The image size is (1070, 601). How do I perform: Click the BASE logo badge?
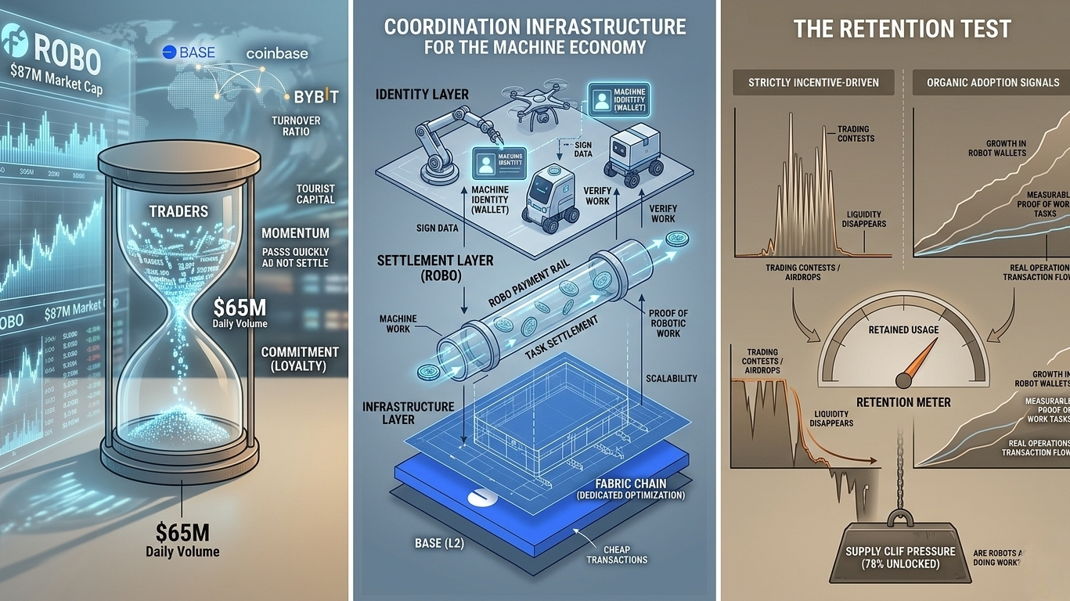[188, 52]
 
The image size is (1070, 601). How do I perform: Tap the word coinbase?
[277, 53]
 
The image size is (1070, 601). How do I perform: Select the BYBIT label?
[316, 97]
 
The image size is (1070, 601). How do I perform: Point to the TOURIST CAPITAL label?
[315, 194]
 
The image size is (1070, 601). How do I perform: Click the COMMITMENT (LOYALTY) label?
[300, 358]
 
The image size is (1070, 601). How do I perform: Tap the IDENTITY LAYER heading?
[422, 95]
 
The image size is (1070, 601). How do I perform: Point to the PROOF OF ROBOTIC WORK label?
[668, 323]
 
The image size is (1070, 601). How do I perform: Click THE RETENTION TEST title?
[902, 30]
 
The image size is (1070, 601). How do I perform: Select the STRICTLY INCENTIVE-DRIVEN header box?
[813, 82]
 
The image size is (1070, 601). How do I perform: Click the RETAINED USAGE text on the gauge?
[902, 329]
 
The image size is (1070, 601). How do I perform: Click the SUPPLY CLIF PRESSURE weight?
[900, 556]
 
